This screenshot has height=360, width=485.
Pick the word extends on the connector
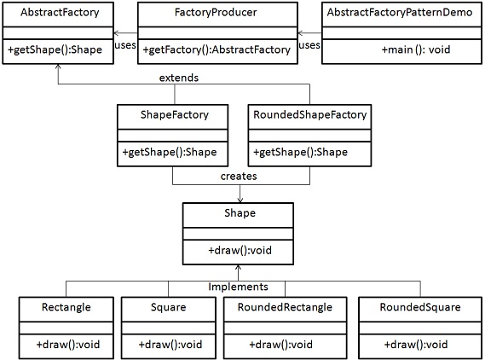click(x=179, y=78)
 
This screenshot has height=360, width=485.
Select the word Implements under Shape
click(x=239, y=287)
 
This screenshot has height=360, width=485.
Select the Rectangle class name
click(x=66, y=306)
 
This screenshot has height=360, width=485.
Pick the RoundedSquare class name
click(x=409, y=306)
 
